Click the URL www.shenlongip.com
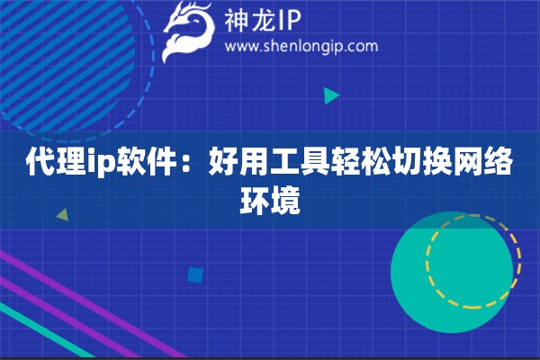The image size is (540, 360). pyautogui.click(x=301, y=47)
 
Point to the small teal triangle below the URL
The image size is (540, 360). pyautogui.click(x=332, y=94)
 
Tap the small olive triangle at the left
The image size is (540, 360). pyautogui.click(x=62, y=215)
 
